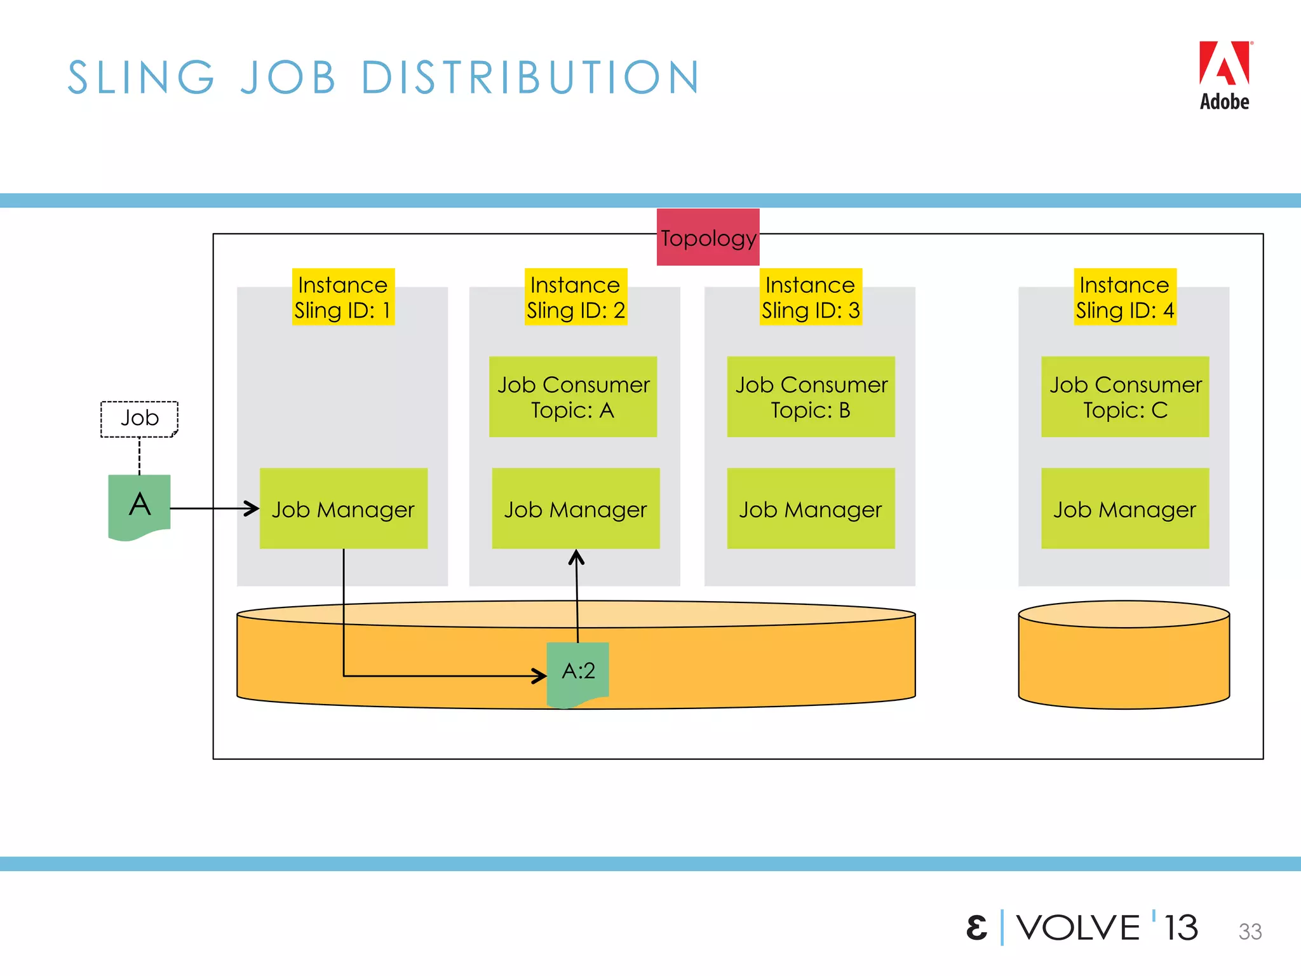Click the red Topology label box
[x=708, y=237]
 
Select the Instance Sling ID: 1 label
[x=343, y=297]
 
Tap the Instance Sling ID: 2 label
[x=576, y=297]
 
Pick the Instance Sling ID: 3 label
[x=811, y=297]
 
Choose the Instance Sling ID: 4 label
[x=1125, y=297]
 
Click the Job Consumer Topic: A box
[x=573, y=396]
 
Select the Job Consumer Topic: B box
[x=811, y=396]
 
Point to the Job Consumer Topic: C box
[x=1125, y=396]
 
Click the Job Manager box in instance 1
[x=343, y=508]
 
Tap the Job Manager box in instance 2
[x=576, y=508]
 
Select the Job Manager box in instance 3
[x=811, y=508]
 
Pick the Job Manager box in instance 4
[x=1125, y=508]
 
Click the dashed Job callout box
[x=139, y=419]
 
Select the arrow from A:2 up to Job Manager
[x=577, y=597]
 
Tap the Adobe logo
[x=1224, y=76]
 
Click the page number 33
[x=1250, y=932]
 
